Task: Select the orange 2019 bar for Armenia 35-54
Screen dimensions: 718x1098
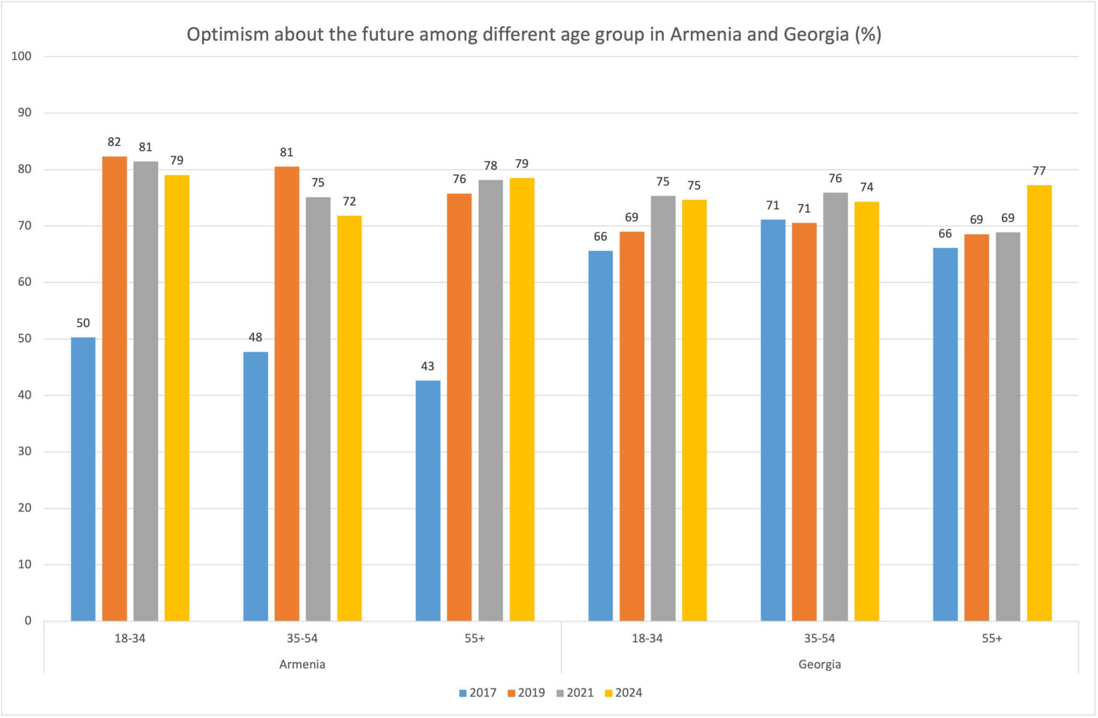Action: tap(287, 394)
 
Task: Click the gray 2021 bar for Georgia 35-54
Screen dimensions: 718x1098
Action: tap(835, 407)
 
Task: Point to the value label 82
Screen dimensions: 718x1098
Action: tap(114, 142)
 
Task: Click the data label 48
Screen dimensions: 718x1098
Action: tap(255, 338)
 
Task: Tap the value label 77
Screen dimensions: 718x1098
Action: tap(1039, 171)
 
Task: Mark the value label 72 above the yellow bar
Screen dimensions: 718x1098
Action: tap(350, 201)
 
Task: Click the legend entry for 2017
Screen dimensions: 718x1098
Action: tap(477, 693)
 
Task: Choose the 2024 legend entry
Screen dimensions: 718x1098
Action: tap(623, 693)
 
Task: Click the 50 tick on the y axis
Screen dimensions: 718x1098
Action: tap(25, 339)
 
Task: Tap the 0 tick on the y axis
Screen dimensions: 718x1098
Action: tap(28, 621)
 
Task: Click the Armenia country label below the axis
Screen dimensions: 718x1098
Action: tap(302, 664)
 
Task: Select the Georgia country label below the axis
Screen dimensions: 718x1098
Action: tap(819, 664)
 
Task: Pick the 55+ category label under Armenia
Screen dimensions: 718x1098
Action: tap(475, 639)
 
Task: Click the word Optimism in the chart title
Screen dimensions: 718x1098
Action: tap(228, 34)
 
